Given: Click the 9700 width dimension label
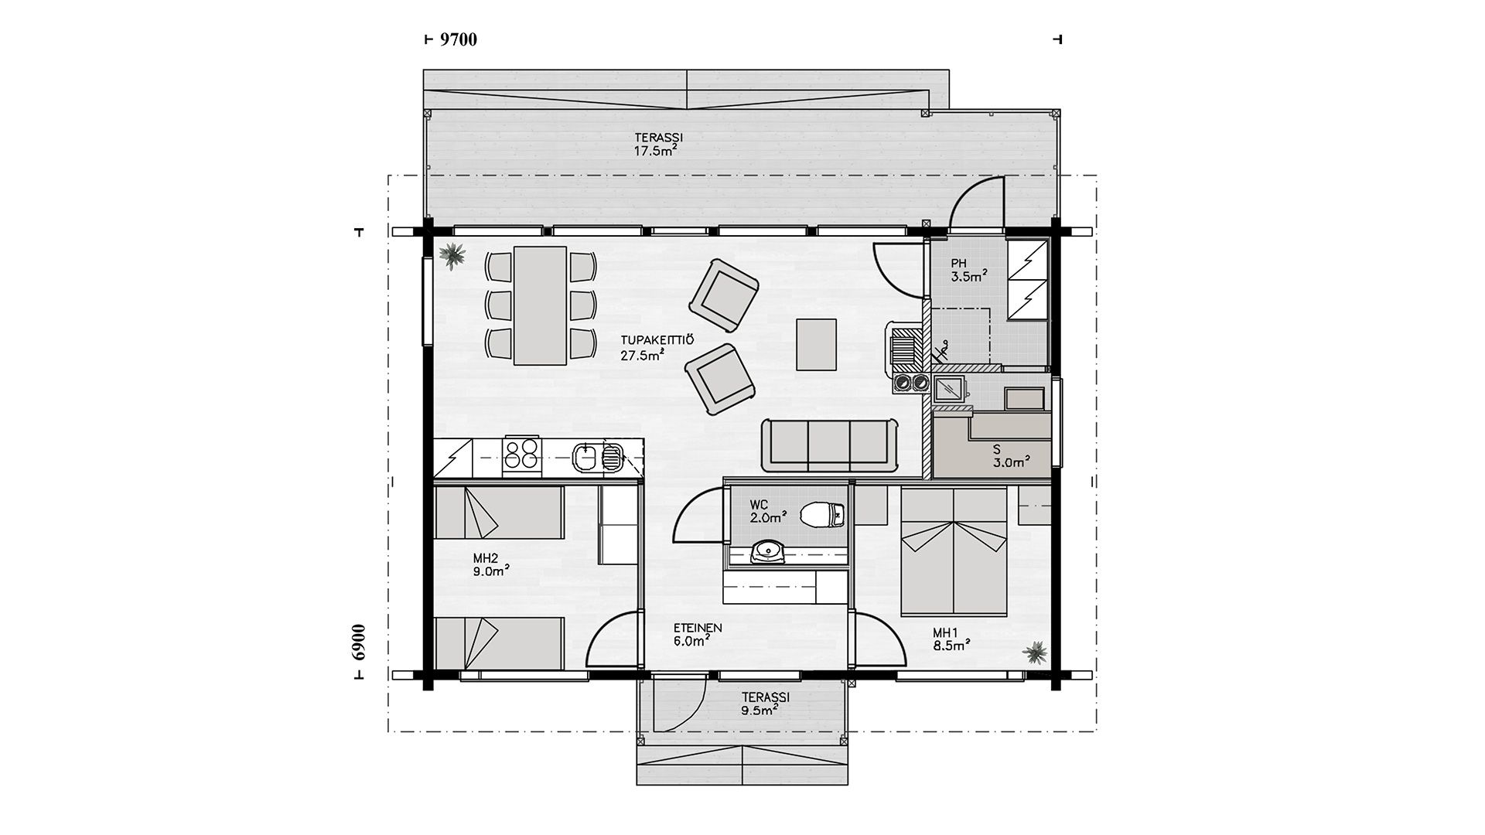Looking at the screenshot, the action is click(458, 39).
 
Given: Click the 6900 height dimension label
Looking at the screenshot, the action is click(357, 642).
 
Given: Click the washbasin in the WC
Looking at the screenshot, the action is click(767, 551).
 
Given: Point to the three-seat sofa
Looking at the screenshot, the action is click(830, 445).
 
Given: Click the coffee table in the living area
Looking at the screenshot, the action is click(817, 344).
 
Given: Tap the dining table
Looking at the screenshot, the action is click(541, 305).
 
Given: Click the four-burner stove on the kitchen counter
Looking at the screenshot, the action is click(521, 456).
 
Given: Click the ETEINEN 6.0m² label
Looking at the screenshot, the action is click(698, 635).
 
